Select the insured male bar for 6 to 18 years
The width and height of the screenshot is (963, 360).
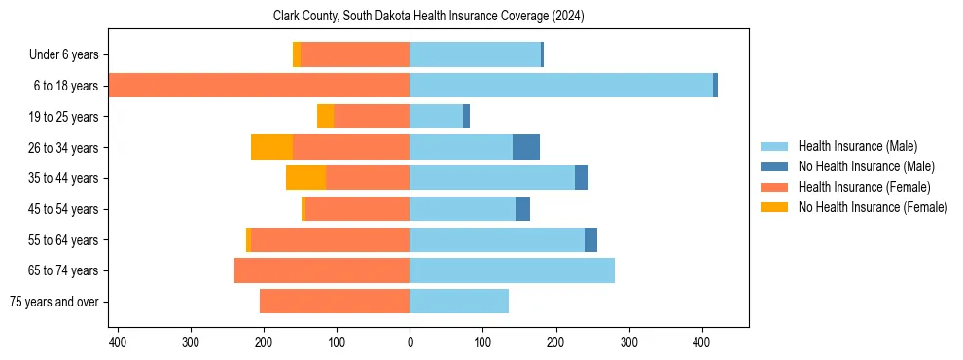tap(560, 86)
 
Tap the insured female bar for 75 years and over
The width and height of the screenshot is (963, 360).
tap(334, 302)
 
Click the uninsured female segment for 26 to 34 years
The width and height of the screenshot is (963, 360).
tap(271, 147)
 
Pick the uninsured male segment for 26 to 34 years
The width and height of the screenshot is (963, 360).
tap(525, 147)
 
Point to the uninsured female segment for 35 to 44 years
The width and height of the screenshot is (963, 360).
tap(305, 178)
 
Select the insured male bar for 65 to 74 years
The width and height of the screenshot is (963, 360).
tap(512, 270)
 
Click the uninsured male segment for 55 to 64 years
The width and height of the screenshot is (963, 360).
tap(590, 239)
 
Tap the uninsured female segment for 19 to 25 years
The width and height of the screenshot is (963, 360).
tap(325, 117)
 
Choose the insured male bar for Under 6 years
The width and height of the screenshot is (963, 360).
tap(475, 54)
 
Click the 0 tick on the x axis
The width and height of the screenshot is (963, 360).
tap(410, 342)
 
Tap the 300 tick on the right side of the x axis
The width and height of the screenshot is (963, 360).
tap(628, 342)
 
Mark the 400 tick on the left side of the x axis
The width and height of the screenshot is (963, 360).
tap(118, 342)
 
